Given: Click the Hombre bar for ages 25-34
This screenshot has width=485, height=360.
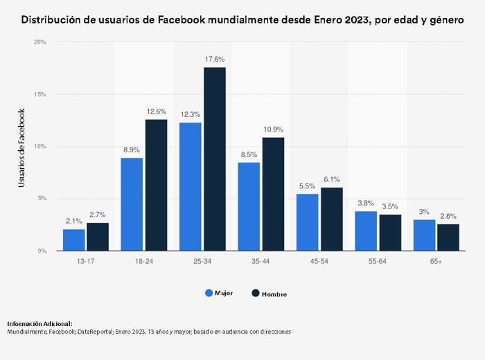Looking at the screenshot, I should (x=215, y=159).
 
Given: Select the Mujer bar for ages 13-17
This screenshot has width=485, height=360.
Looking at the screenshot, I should (x=74, y=240).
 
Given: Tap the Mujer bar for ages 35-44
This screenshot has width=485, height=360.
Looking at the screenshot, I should (x=249, y=206).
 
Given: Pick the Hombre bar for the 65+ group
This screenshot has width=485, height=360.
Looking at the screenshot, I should (x=448, y=237).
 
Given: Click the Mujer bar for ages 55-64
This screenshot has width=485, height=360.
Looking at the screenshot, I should (x=366, y=231).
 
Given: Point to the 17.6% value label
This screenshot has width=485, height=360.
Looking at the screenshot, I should (x=215, y=60).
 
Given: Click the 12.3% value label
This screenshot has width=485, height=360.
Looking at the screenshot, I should (x=190, y=115).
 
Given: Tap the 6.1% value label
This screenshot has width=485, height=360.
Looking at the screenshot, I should (x=332, y=179).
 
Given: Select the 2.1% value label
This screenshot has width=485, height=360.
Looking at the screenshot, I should (x=73, y=221).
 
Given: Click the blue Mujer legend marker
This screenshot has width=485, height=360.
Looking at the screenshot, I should (x=210, y=293).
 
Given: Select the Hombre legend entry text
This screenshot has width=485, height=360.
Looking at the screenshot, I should (x=274, y=294).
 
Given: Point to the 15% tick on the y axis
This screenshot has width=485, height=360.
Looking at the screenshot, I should (x=41, y=94).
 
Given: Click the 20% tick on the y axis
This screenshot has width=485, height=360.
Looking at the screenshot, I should (x=41, y=42).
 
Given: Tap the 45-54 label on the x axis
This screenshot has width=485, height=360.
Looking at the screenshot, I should (x=319, y=261).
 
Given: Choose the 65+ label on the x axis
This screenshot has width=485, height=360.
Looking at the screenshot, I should (x=436, y=261).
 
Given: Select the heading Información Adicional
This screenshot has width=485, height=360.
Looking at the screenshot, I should (x=39, y=323).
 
